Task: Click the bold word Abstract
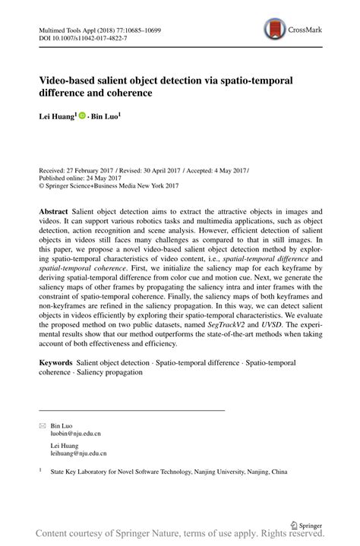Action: (x=57, y=210)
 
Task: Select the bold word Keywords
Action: (x=59, y=364)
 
